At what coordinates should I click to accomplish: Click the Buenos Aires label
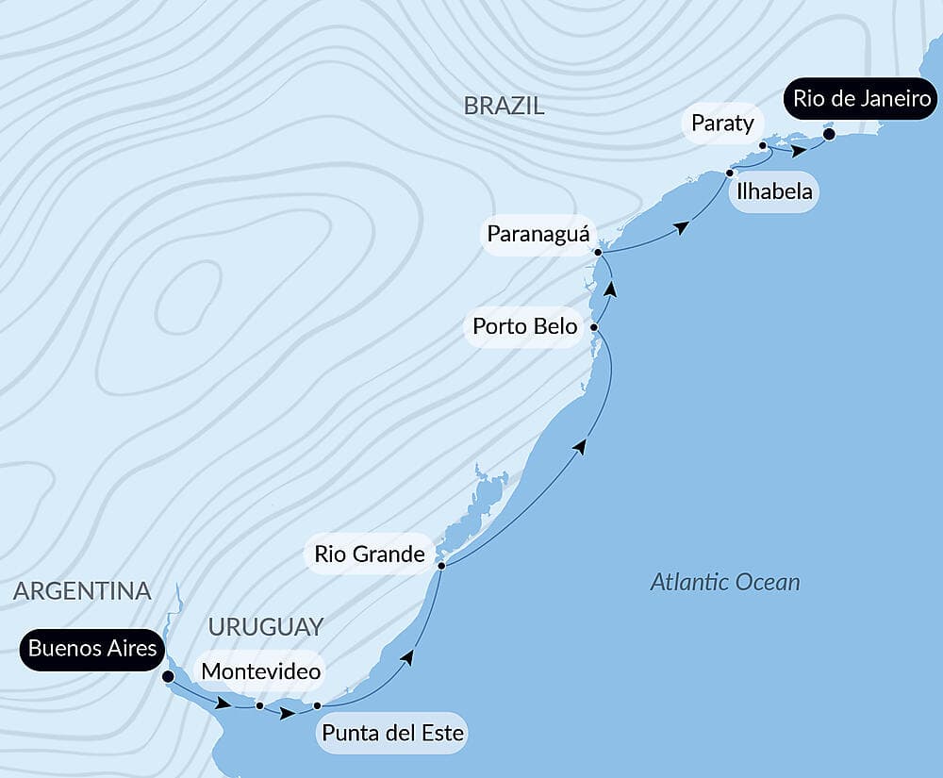[x=92, y=648]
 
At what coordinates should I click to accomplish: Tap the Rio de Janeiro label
[x=863, y=98]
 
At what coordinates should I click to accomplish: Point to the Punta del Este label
[x=393, y=733]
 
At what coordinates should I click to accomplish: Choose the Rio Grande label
[x=370, y=554]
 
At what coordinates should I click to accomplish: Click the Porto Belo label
[x=524, y=326]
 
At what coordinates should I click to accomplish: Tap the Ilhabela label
[x=772, y=192]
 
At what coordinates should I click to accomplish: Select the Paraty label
[x=722, y=123]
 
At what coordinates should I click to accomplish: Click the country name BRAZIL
[x=504, y=106]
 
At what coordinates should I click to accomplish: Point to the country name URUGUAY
[x=266, y=626]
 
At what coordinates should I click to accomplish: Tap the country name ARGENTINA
[x=83, y=591]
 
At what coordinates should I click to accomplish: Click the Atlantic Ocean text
[x=725, y=582]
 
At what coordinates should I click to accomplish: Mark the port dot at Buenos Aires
[x=168, y=676]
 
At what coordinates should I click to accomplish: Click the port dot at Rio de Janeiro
[x=829, y=134]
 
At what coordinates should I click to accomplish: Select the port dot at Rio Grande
[x=441, y=565]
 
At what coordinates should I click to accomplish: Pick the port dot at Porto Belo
[x=594, y=327]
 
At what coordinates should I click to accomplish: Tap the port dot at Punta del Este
[x=317, y=705]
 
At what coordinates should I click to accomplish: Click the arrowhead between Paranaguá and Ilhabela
[x=681, y=226]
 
